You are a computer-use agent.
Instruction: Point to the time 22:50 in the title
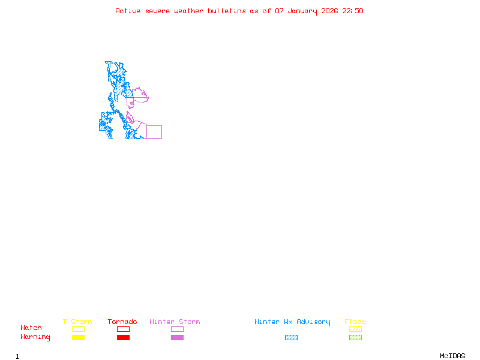click(x=353, y=11)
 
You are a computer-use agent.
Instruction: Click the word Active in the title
click(x=128, y=11)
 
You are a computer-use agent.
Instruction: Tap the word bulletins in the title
click(x=227, y=11)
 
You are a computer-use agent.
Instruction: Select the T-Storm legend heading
click(x=77, y=322)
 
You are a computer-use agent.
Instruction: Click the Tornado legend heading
click(x=122, y=322)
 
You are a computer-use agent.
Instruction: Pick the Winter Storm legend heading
click(x=175, y=322)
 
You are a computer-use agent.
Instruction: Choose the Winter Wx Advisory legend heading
click(x=292, y=322)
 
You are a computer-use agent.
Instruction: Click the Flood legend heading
click(x=355, y=322)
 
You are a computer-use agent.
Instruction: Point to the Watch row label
click(x=31, y=328)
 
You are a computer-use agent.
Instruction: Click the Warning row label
click(x=35, y=337)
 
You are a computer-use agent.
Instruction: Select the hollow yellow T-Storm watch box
click(x=78, y=329)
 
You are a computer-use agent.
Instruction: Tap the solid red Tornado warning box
click(x=123, y=337)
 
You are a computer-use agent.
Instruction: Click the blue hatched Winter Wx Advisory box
click(x=291, y=337)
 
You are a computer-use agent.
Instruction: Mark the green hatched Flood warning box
click(x=355, y=337)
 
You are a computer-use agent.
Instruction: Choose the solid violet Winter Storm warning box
click(x=177, y=337)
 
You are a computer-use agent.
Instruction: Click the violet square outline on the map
click(x=154, y=132)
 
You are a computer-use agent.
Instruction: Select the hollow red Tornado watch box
click(x=123, y=329)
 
